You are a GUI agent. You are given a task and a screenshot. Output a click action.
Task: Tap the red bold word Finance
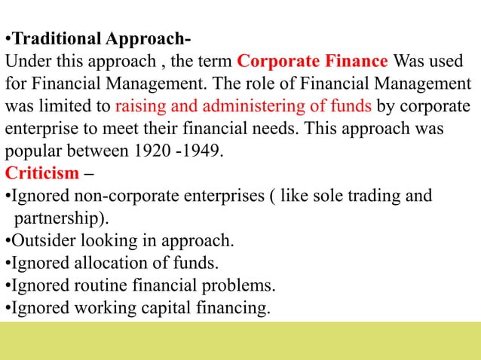(356, 61)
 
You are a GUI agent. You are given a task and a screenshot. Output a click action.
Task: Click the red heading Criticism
(42, 173)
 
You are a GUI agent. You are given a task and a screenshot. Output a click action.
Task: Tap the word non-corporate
(118, 196)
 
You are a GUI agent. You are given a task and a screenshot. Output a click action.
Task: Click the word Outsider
(42, 241)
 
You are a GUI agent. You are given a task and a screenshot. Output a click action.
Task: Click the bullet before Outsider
(8, 241)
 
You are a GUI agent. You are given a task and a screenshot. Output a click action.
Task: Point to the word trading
(372, 196)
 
